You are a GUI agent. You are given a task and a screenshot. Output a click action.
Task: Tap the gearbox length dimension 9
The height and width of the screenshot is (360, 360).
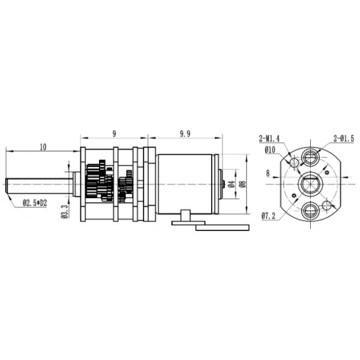pos(114,134)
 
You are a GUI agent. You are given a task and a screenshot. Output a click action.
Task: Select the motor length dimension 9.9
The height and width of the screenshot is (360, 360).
pos(185,134)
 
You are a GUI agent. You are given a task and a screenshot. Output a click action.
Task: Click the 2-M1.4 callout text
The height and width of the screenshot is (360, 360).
pos(271,138)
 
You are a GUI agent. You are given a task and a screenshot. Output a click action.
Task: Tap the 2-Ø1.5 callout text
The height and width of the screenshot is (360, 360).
pos(344,138)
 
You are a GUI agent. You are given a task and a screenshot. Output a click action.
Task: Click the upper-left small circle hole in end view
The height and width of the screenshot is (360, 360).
pos(295,163)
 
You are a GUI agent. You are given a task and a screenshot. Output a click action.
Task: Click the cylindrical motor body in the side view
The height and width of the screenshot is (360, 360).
pos(186,183)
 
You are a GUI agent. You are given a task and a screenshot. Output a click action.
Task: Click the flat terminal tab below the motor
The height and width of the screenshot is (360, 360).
pos(222,227)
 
